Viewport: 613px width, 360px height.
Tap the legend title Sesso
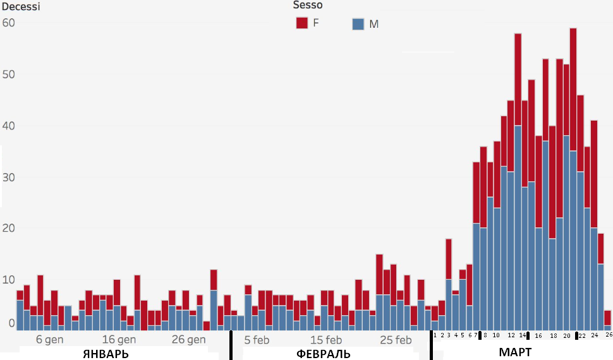308,5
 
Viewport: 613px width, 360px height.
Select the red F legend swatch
301,23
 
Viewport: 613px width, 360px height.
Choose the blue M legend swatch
358,24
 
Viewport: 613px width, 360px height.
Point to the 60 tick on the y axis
8,23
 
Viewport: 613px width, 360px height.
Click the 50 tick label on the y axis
8,75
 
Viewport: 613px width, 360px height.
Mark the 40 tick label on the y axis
8,126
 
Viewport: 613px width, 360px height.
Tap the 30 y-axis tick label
8,177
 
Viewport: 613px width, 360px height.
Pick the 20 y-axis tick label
8,228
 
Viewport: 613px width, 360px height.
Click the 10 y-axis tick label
8,280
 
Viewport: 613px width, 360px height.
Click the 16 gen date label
119,339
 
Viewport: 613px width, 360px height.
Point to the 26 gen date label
188,339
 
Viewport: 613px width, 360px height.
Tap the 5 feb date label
257,339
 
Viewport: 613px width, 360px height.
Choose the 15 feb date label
326,339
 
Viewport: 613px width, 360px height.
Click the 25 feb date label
396,339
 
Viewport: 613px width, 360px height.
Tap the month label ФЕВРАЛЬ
323,353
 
